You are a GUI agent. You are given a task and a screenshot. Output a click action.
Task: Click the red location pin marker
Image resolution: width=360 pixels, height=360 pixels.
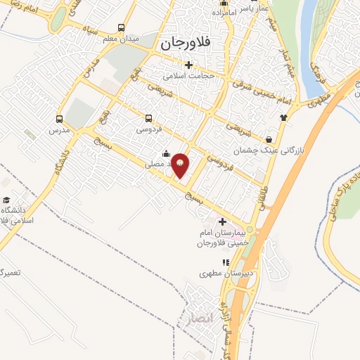pos(181,165)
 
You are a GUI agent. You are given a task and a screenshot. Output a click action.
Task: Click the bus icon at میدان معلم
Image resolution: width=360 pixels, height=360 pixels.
pos(122,28)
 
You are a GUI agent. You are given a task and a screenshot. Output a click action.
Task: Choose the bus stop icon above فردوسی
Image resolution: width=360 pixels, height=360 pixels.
pos(148,119)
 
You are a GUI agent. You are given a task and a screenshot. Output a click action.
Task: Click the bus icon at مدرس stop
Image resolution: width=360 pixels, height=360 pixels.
pos(58,119)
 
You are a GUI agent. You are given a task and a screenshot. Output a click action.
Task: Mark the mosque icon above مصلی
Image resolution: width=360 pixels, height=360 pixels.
pos(165,153)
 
